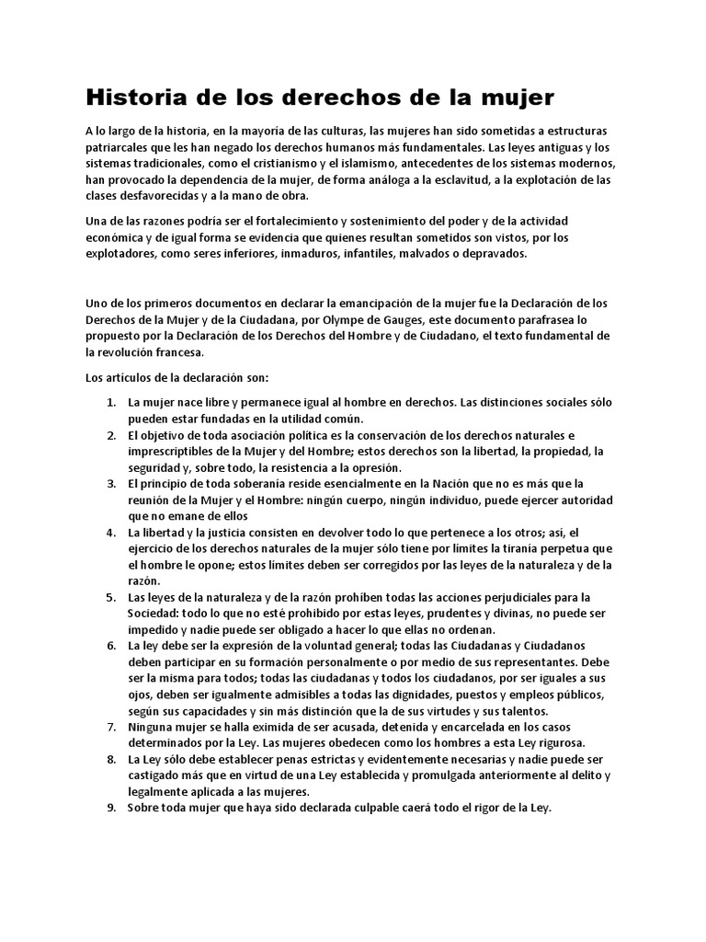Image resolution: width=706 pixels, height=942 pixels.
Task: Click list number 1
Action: tap(110, 402)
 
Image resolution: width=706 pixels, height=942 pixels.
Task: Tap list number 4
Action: tap(110, 532)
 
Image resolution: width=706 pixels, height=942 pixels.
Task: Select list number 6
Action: tap(110, 646)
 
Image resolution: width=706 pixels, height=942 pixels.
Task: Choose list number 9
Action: tap(110, 808)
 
